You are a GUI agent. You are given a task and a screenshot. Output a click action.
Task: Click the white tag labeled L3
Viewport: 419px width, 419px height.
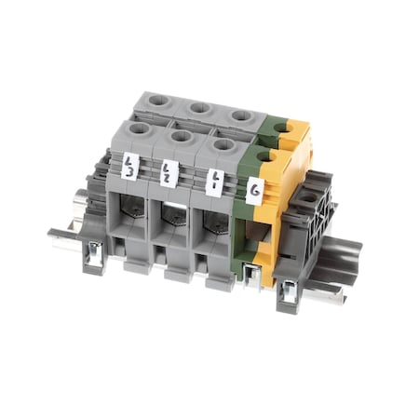(130, 168)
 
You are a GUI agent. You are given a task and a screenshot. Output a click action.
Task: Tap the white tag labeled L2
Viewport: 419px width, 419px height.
(169, 173)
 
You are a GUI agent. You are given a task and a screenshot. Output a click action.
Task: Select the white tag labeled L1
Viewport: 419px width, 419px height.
(214, 180)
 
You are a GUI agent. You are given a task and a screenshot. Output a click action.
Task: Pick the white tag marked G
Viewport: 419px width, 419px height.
(254, 192)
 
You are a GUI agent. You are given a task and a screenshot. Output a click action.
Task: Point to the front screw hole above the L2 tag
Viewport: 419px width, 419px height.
(182, 137)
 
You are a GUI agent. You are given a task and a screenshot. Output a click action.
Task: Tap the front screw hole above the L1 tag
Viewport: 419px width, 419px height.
(223, 144)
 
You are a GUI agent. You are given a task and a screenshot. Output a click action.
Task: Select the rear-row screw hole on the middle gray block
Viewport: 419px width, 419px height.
(198, 109)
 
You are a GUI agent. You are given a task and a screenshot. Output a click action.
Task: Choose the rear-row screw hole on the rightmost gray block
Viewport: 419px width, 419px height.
(240, 115)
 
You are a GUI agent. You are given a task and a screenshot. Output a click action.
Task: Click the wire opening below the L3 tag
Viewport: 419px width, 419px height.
(129, 213)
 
